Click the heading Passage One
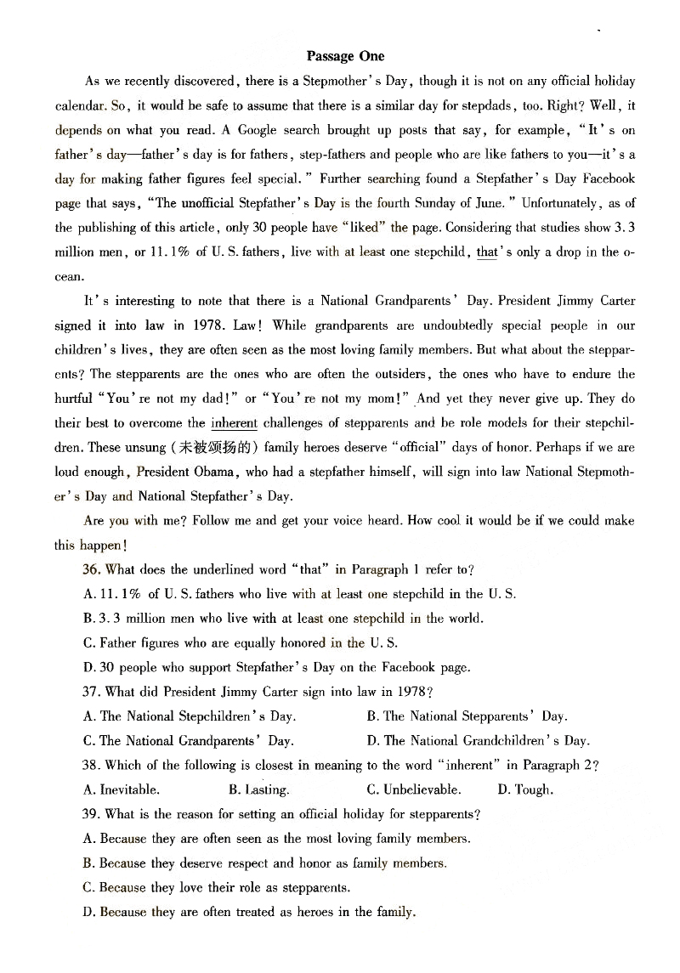point(345,56)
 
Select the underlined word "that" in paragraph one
point(487,252)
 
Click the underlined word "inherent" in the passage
point(234,422)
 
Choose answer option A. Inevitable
point(121,789)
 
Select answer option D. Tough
point(525,789)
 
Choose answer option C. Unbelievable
point(414,789)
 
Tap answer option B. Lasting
point(259,789)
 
